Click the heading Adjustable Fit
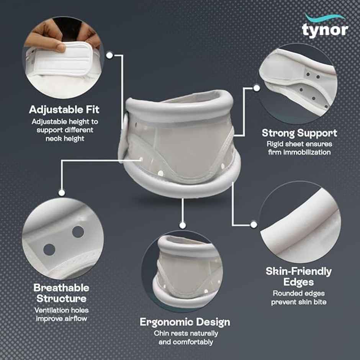point(64,110)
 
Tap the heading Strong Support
point(299,133)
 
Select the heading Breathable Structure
point(61,293)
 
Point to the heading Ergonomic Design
point(185,322)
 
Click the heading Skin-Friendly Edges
point(299,277)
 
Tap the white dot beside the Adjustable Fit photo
point(110,56)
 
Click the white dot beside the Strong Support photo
point(257,88)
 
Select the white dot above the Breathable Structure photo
point(61,193)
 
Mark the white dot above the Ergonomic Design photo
point(183,225)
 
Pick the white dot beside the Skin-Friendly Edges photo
point(253,224)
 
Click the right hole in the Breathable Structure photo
point(78,232)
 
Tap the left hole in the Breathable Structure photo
point(49,250)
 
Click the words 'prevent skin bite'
point(299,302)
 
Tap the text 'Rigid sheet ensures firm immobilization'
point(299,148)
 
